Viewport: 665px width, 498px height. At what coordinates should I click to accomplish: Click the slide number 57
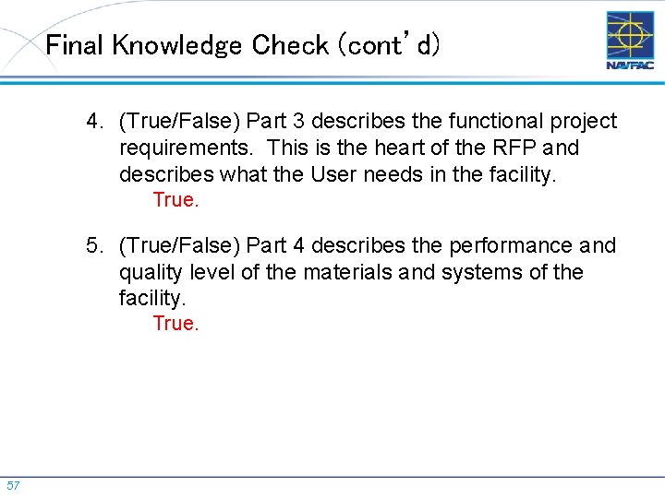13,485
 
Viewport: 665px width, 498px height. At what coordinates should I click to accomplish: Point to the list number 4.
93,122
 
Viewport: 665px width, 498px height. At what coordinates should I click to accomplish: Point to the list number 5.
93,246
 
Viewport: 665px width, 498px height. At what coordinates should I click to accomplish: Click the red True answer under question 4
175,200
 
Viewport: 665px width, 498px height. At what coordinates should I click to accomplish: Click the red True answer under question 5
175,324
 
